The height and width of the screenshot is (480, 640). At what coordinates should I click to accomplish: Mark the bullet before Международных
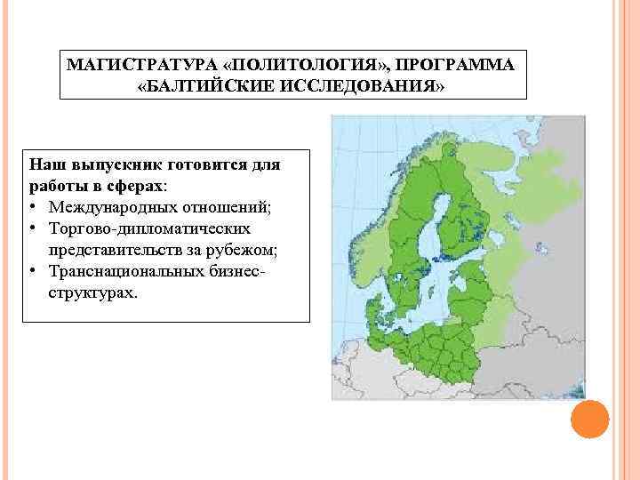(x=33, y=207)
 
